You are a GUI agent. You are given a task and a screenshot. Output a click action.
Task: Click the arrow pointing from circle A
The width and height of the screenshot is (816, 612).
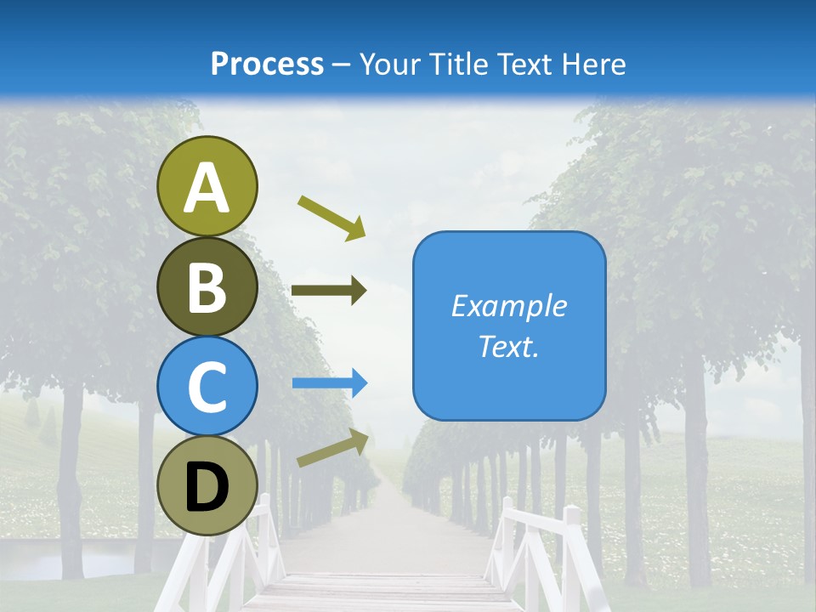coord(331,217)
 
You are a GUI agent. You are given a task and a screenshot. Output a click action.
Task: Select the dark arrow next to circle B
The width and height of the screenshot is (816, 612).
coord(329,291)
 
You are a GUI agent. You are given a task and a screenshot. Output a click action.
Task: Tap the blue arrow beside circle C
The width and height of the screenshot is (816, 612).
coord(330,383)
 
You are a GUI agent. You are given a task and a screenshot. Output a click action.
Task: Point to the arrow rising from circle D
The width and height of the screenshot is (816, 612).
coord(333,448)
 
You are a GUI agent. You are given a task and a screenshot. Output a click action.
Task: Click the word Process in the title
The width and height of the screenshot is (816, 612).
coord(267,64)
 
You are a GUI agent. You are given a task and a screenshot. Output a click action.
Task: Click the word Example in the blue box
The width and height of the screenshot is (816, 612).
coord(508,306)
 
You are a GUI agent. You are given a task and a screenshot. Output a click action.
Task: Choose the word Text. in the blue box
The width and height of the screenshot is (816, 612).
coord(508,346)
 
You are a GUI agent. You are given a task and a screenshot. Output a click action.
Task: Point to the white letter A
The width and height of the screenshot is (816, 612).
coord(207,189)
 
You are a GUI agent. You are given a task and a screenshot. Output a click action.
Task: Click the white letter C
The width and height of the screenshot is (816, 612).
coord(207,388)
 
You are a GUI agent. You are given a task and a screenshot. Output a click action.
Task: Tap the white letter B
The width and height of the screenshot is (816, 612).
coord(207,288)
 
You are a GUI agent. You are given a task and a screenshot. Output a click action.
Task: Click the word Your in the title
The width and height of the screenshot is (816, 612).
coord(390,64)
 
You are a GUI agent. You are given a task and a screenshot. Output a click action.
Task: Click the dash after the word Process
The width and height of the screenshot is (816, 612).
coord(342,65)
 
